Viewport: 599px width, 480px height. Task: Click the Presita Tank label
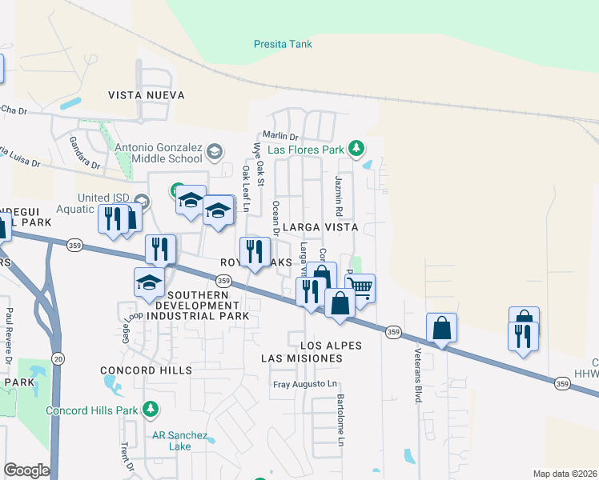click(x=283, y=45)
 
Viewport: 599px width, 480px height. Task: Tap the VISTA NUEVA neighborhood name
click(x=147, y=95)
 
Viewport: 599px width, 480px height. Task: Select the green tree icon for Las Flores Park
click(x=358, y=149)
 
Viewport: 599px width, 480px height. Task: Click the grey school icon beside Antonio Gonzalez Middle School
click(x=214, y=151)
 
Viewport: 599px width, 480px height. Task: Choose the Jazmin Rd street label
click(x=340, y=197)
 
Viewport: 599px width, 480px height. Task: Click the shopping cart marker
click(x=361, y=287)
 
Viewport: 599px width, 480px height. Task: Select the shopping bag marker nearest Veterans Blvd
click(x=441, y=327)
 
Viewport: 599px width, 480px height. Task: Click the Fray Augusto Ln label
click(x=305, y=385)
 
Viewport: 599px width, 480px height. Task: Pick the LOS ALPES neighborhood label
click(x=331, y=346)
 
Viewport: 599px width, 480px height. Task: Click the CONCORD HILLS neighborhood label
click(x=147, y=370)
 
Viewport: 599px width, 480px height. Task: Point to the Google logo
click(x=26, y=470)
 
